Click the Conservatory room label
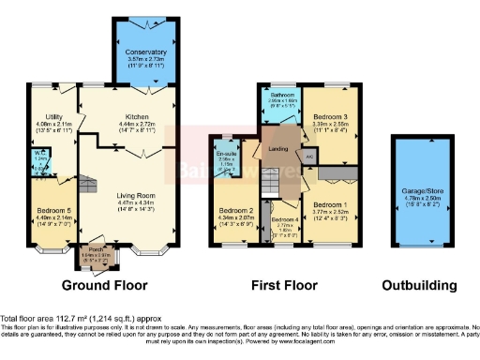pos(146,52)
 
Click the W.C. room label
pos(39,158)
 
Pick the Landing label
pos(277,149)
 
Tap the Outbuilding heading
pos(419,285)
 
